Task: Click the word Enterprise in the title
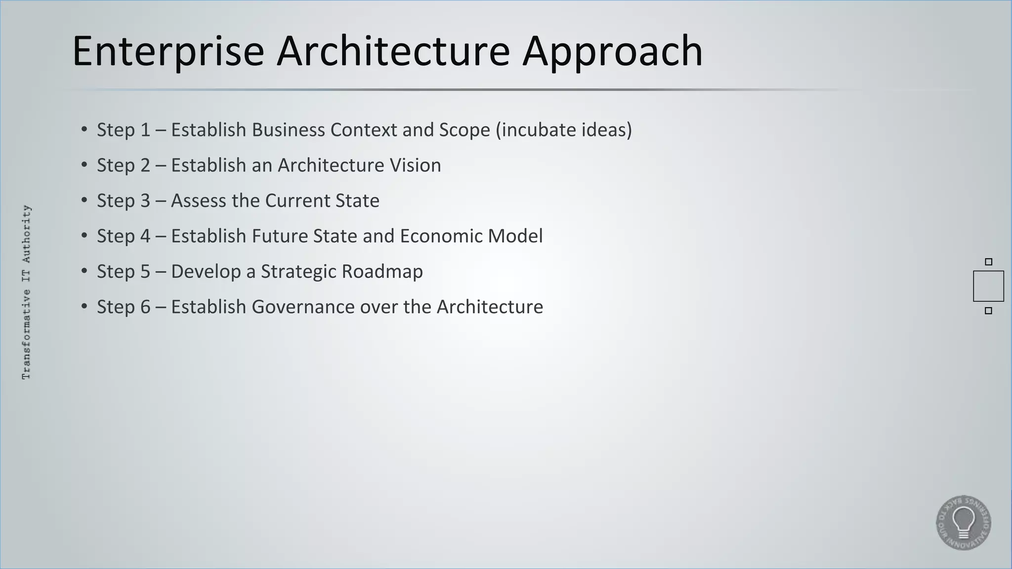(x=168, y=51)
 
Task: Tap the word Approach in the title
(x=613, y=51)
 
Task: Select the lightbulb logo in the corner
(x=963, y=523)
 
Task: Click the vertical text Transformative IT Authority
(x=27, y=292)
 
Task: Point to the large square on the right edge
(x=988, y=286)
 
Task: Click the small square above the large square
(x=988, y=262)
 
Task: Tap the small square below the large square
(x=988, y=311)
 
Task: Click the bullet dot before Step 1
(x=84, y=130)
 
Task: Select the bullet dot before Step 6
(x=84, y=307)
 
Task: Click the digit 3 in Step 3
(x=145, y=201)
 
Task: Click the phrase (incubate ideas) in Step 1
(x=563, y=130)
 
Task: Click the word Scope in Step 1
(x=464, y=130)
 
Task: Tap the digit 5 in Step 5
(x=145, y=272)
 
